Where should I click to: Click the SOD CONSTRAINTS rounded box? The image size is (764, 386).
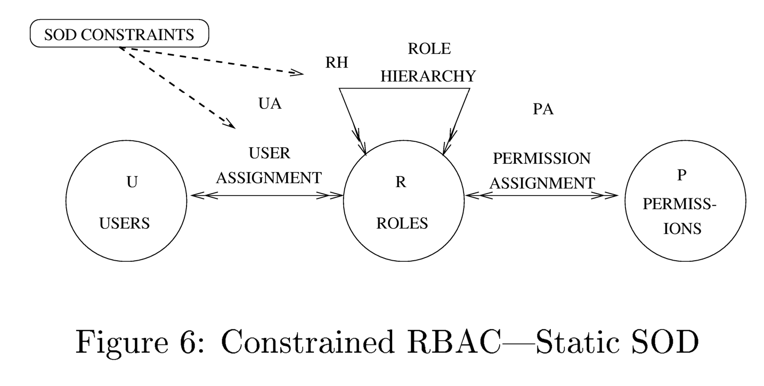[119, 35]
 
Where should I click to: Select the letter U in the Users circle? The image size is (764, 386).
[132, 182]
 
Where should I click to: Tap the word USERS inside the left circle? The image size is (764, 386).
[125, 223]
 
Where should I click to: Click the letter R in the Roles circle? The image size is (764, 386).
[401, 182]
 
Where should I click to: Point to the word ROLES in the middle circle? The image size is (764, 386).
[402, 223]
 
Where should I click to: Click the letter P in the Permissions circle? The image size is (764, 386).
[681, 176]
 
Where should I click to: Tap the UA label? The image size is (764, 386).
[270, 104]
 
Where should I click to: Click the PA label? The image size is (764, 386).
[543, 110]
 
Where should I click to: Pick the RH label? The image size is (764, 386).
[337, 63]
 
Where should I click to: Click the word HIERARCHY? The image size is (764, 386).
[428, 76]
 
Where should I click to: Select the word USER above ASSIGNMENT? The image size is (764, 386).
[270, 154]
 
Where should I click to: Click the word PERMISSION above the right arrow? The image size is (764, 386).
[541, 159]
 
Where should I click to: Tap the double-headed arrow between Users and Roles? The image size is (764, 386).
[266, 196]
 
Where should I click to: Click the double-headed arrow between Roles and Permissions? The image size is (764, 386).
[541, 196]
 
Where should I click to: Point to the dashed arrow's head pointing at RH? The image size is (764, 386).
[298, 73]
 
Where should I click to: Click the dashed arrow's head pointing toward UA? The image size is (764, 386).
[231, 124]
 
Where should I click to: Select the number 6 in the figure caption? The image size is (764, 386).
[193, 343]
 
